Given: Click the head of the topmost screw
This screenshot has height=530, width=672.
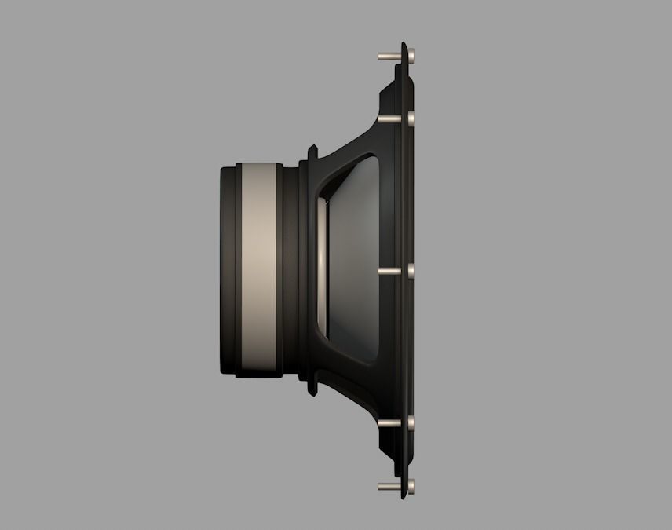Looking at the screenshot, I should click(x=411, y=56).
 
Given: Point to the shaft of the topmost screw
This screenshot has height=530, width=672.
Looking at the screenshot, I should click(x=390, y=57).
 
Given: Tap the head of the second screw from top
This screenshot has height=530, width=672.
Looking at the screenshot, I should click(x=411, y=119).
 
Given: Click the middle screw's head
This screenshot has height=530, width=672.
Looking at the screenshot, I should click(x=411, y=271).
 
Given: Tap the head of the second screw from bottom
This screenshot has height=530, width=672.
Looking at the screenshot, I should click(x=411, y=424).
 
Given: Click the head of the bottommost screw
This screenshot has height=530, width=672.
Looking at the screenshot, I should click(x=411, y=486).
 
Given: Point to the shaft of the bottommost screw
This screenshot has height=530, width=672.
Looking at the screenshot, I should click(x=390, y=486).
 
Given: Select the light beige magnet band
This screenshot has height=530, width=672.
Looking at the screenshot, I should click(x=259, y=271).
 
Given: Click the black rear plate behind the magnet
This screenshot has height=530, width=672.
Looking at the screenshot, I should click(x=226, y=271).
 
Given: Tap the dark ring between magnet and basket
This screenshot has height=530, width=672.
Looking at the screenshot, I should click(x=290, y=271).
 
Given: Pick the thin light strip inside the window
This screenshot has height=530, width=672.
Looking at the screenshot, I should click(x=321, y=267).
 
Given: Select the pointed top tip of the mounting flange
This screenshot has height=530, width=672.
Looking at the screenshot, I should click(x=404, y=46).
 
